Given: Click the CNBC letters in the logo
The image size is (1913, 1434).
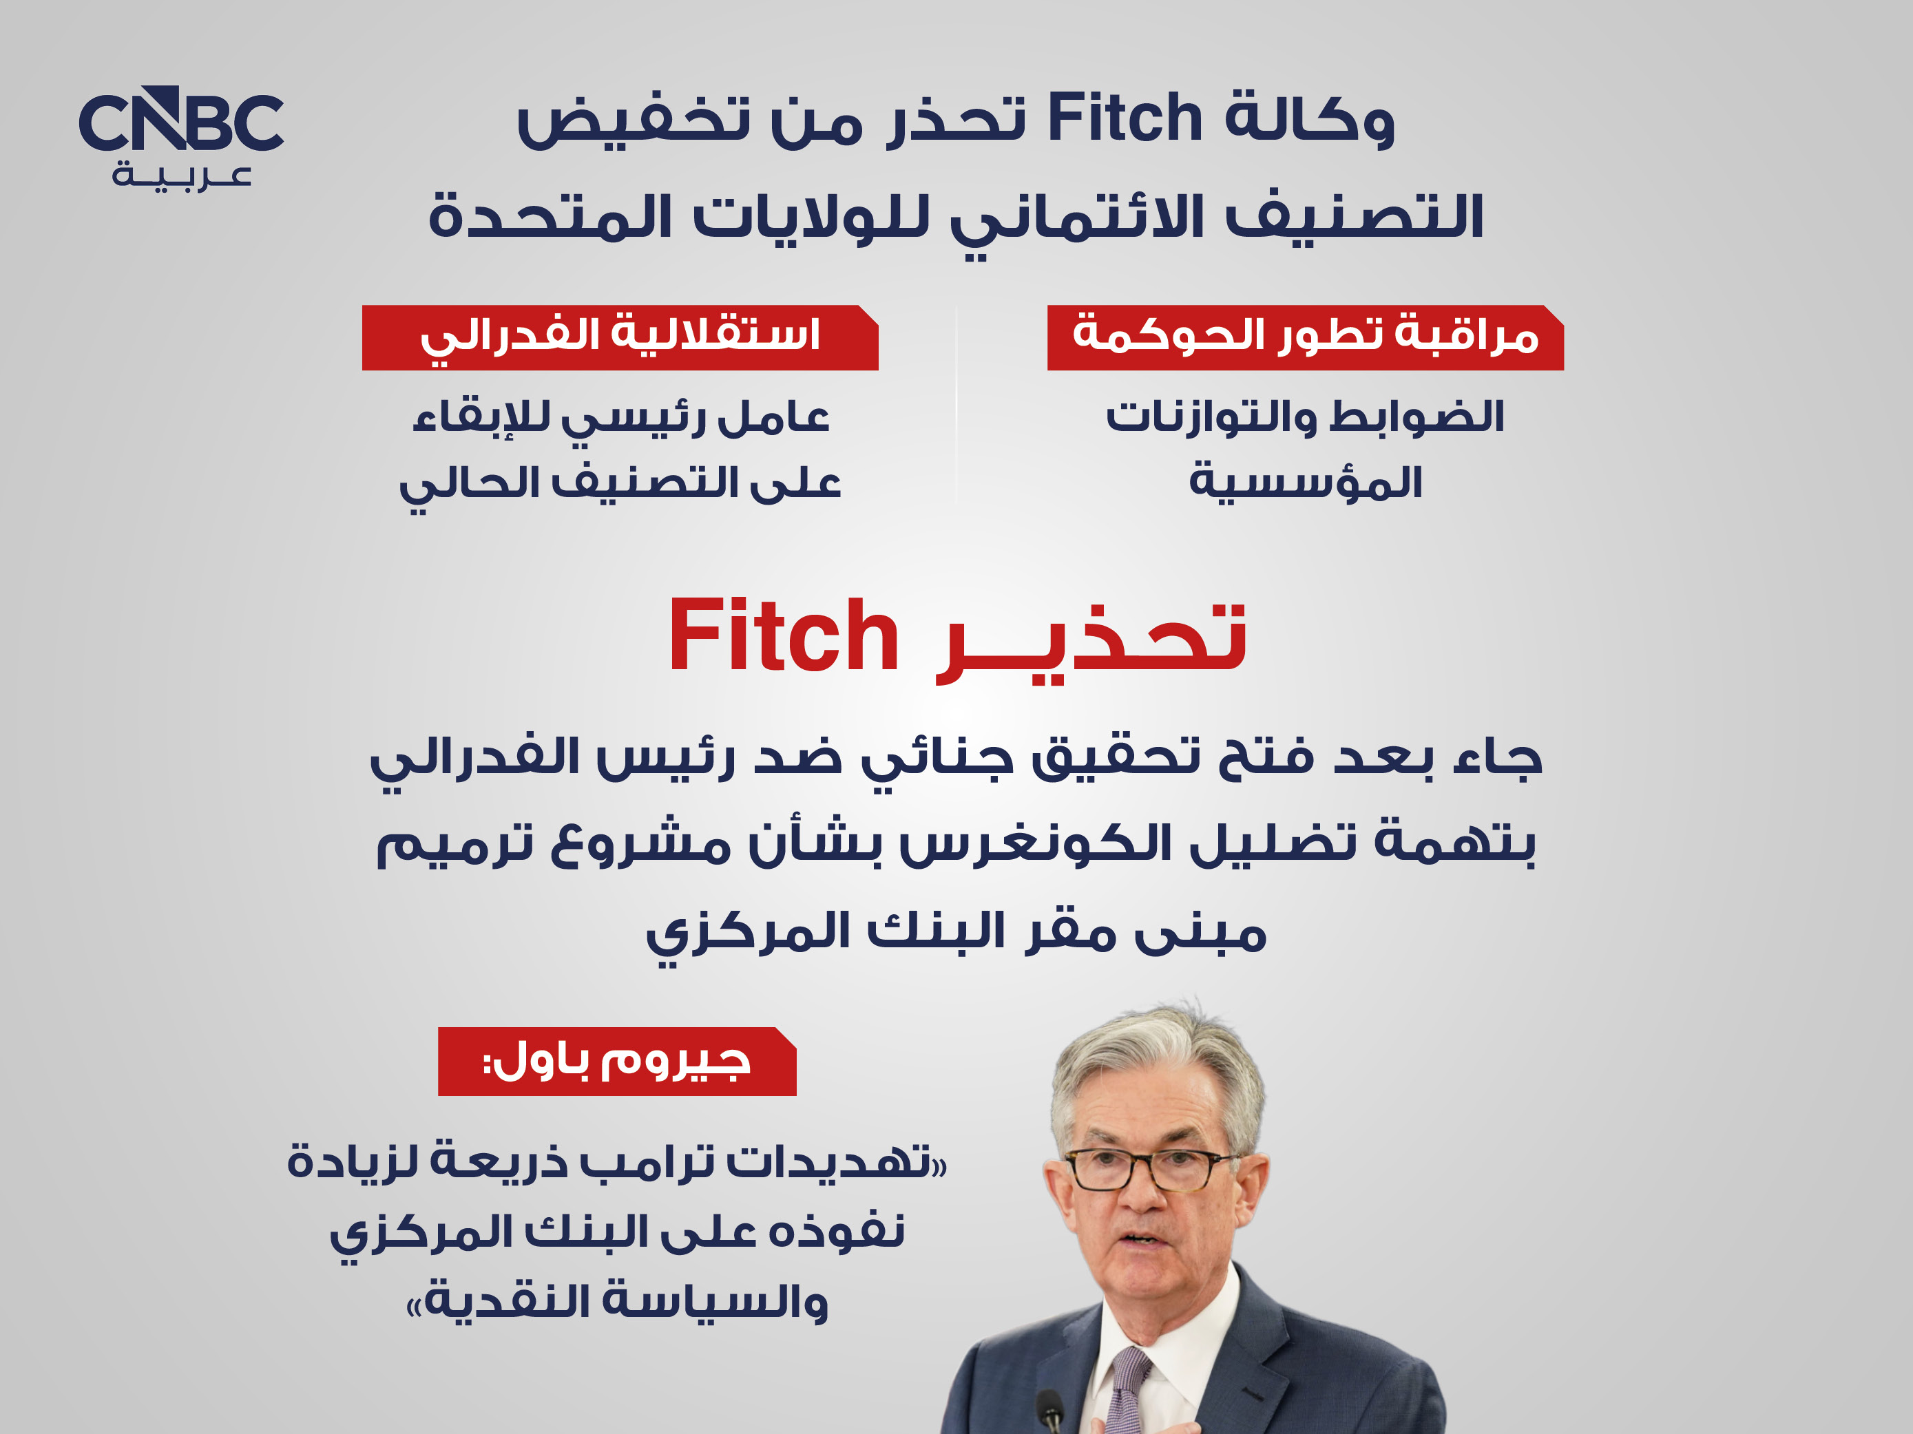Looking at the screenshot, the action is [x=180, y=120].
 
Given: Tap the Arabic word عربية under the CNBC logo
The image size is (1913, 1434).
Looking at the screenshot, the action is [x=182, y=177].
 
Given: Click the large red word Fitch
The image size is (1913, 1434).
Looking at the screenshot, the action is [x=784, y=637].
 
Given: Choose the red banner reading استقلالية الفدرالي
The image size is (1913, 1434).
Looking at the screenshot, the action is [x=620, y=338].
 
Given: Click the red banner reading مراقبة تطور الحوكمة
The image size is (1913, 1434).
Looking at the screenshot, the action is [x=1305, y=338].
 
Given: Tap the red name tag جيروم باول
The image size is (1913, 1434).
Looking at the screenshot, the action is [x=616, y=1062].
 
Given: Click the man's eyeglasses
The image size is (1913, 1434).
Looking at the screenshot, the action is [x=1150, y=1171].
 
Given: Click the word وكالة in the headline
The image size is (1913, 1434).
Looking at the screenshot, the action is [x=1309, y=118].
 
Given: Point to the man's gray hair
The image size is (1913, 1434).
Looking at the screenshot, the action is [x=1159, y=1068].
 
